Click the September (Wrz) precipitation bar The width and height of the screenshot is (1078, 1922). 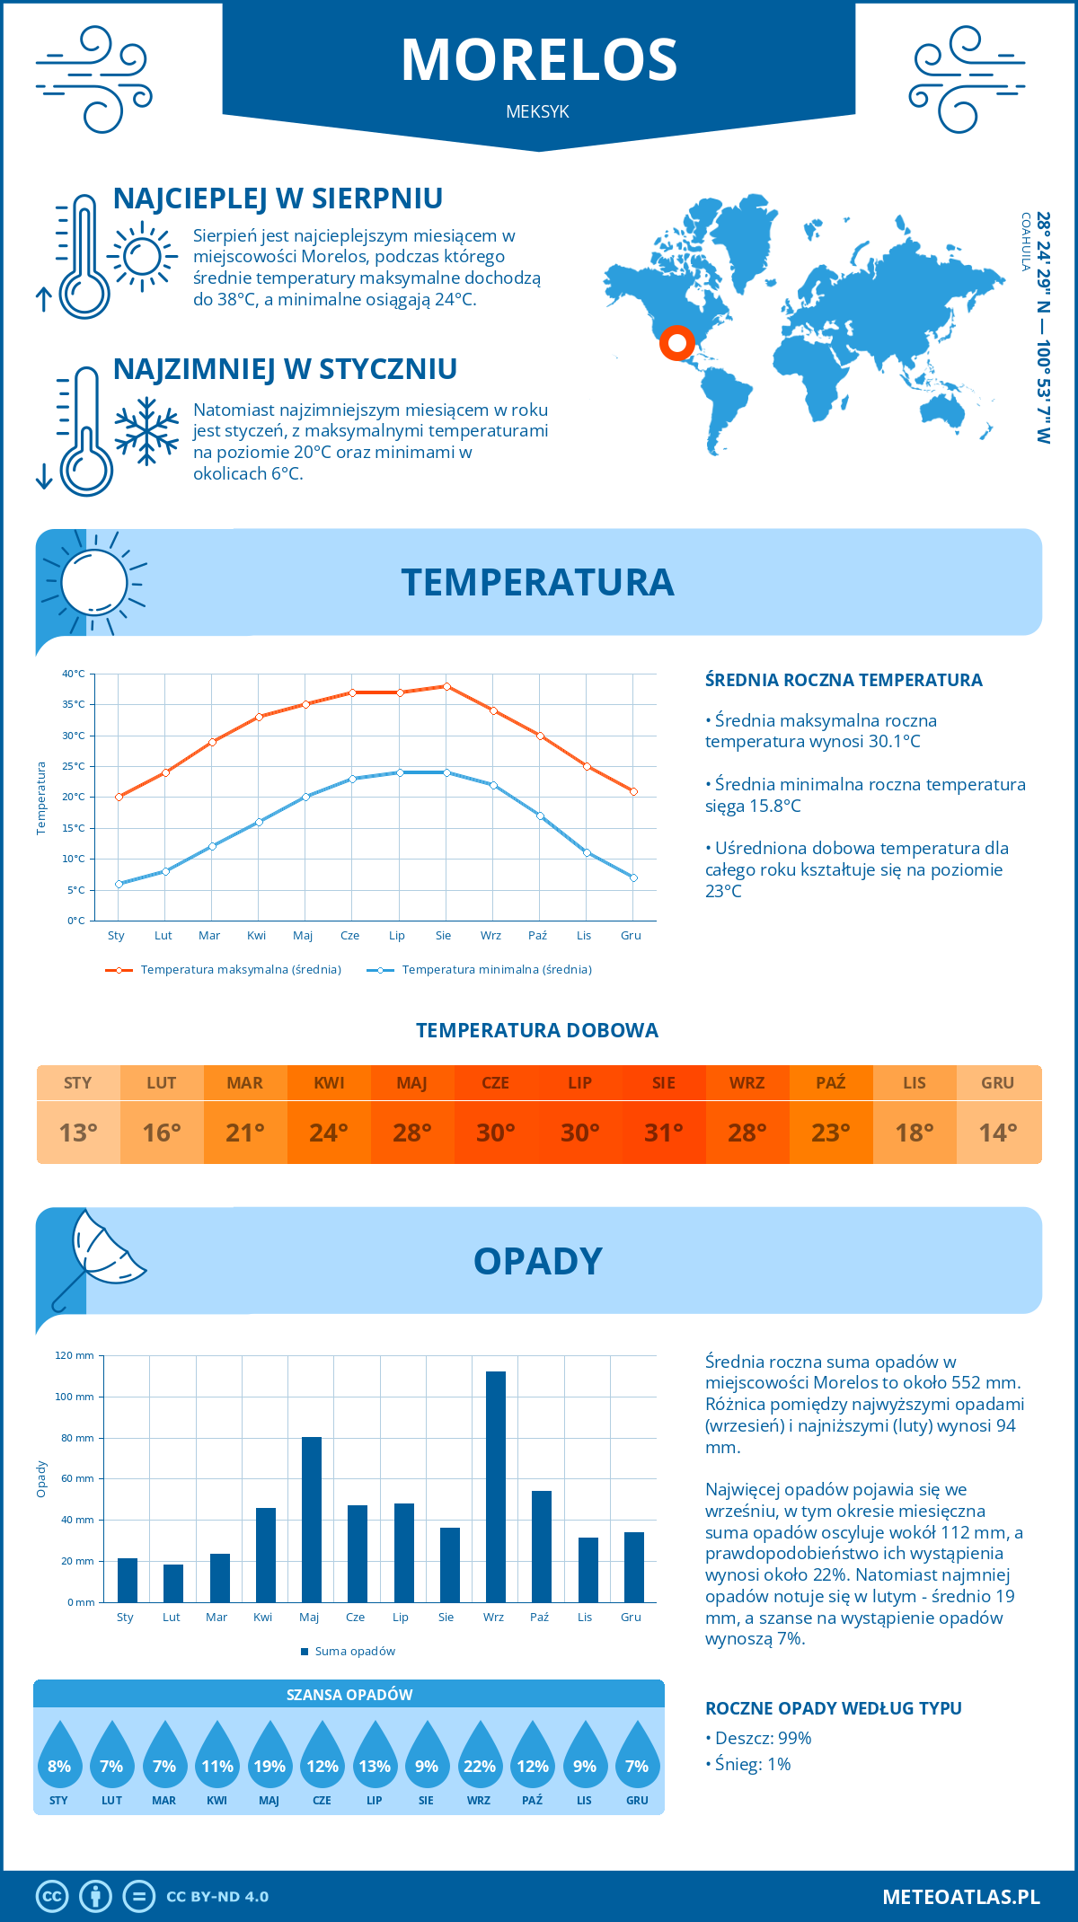(x=495, y=1486)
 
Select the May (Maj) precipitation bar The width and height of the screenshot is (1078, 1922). (x=311, y=1520)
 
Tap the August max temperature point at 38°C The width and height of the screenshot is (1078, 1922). (x=446, y=686)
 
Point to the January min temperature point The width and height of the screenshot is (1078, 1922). (x=119, y=884)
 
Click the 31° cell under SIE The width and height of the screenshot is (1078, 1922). (x=663, y=1133)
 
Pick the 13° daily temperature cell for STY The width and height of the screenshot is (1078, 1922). (x=78, y=1133)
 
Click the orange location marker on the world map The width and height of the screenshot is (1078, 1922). (x=676, y=342)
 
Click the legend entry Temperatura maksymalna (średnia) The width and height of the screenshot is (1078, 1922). (x=224, y=970)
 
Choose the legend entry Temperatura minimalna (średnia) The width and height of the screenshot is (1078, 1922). (x=480, y=970)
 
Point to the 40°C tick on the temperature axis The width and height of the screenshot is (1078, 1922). (x=74, y=674)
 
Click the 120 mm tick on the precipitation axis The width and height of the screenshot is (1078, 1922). (x=75, y=1355)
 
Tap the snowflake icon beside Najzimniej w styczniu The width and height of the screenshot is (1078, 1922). (x=146, y=431)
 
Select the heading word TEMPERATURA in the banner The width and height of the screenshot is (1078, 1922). (x=537, y=582)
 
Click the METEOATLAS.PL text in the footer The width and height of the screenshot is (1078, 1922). (x=960, y=1897)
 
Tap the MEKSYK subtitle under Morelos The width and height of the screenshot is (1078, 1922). (x=537, y=112)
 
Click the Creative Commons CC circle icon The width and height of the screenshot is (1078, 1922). (x=52, y=1897)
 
